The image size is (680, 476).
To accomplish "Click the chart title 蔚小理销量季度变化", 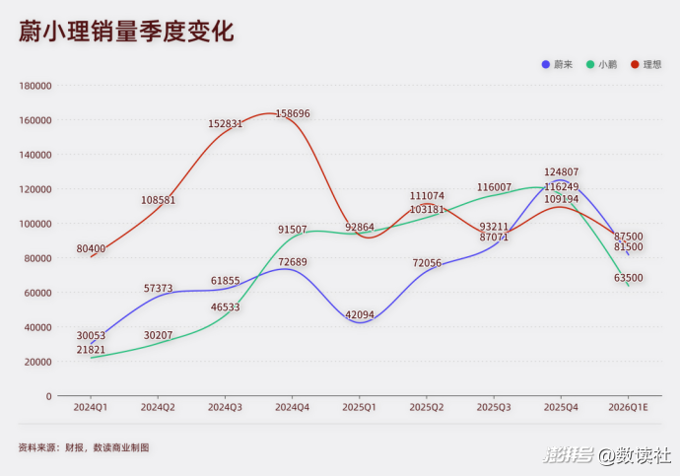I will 126,32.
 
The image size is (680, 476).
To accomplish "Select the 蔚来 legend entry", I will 557,64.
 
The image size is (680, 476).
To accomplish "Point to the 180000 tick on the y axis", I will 35,86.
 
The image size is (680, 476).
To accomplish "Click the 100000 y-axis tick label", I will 35,224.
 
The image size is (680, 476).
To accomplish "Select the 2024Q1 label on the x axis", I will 91,406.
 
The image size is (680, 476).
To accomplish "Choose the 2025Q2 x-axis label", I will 427,406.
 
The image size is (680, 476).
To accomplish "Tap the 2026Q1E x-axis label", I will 628,406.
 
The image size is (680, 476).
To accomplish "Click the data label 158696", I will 293,114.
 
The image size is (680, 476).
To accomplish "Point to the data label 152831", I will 225,124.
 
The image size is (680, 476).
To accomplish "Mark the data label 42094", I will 360,315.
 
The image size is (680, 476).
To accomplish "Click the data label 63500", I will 628,278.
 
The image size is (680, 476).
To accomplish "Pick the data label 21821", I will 91,350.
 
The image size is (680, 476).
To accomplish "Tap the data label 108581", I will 158,200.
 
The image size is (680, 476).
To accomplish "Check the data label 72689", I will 293,262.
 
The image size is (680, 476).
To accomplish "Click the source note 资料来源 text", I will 84,447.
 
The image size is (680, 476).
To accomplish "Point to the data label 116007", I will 494,187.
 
